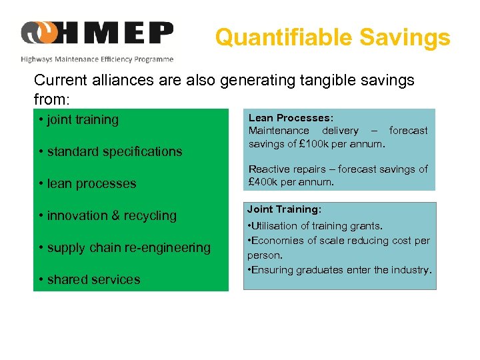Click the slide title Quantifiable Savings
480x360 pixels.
click(x=332, y=37)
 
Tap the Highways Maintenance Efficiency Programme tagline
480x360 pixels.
click(x=97, y=59)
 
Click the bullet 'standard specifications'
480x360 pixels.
click(x=110, y=152)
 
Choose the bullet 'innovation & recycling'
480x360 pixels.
click(x=108, y=216)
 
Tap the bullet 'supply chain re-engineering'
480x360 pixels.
click(x=125, y=248)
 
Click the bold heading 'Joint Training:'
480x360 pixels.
click(x=284, y=209)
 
